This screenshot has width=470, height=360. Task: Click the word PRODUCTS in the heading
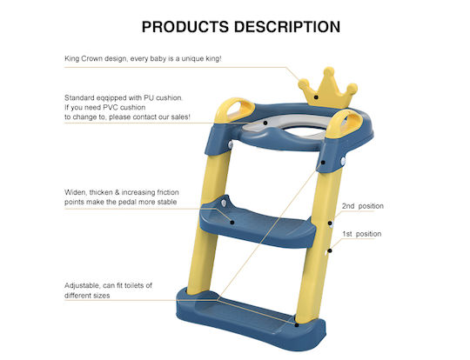[185, 27]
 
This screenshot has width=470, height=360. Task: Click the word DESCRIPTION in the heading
[287, 27]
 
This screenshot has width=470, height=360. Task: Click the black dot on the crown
[316, 97]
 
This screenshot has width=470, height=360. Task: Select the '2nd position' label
[363, 206]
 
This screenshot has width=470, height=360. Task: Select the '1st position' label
[362, 234]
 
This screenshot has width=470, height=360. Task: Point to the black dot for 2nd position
[330, 223]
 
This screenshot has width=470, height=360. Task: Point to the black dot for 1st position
[330, 250]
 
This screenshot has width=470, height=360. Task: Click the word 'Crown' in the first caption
[91, 58]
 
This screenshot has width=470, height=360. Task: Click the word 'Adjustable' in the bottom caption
[83, 286]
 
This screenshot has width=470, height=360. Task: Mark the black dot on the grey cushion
[265, 123]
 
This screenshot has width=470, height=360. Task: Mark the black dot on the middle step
[232, 222]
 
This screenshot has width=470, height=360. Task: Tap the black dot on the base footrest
[297, 325]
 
